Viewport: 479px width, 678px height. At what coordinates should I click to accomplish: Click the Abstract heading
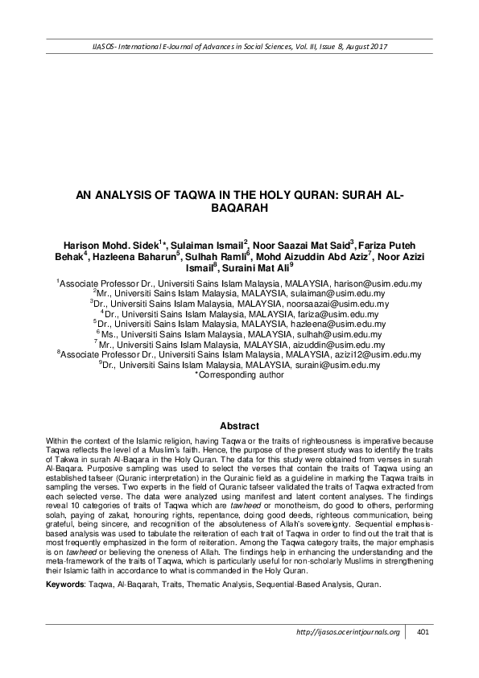point(239,425)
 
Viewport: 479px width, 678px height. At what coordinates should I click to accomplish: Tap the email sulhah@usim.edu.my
point(345,333)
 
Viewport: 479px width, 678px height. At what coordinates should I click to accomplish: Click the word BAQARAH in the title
point(239,207)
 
